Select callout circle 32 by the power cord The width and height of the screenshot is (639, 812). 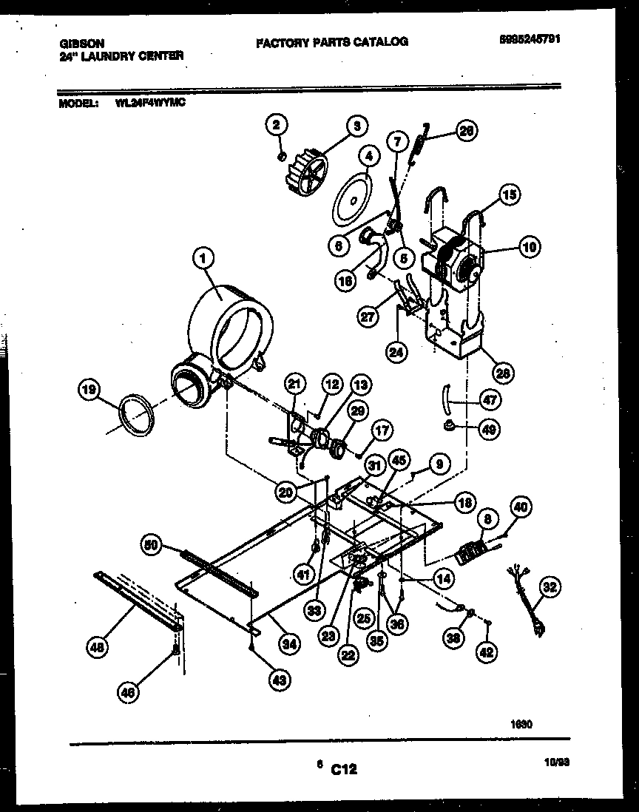click(550, 587)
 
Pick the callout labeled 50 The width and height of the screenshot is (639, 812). click(152, 545)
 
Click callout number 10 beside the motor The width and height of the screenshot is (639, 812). click(529, 248)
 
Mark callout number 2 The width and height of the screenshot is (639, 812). click(276, 126)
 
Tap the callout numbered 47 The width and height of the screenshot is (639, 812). click(488, 400)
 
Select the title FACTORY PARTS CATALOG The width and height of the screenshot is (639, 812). click(331, 42)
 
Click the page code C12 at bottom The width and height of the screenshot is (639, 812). click(343, 770)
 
